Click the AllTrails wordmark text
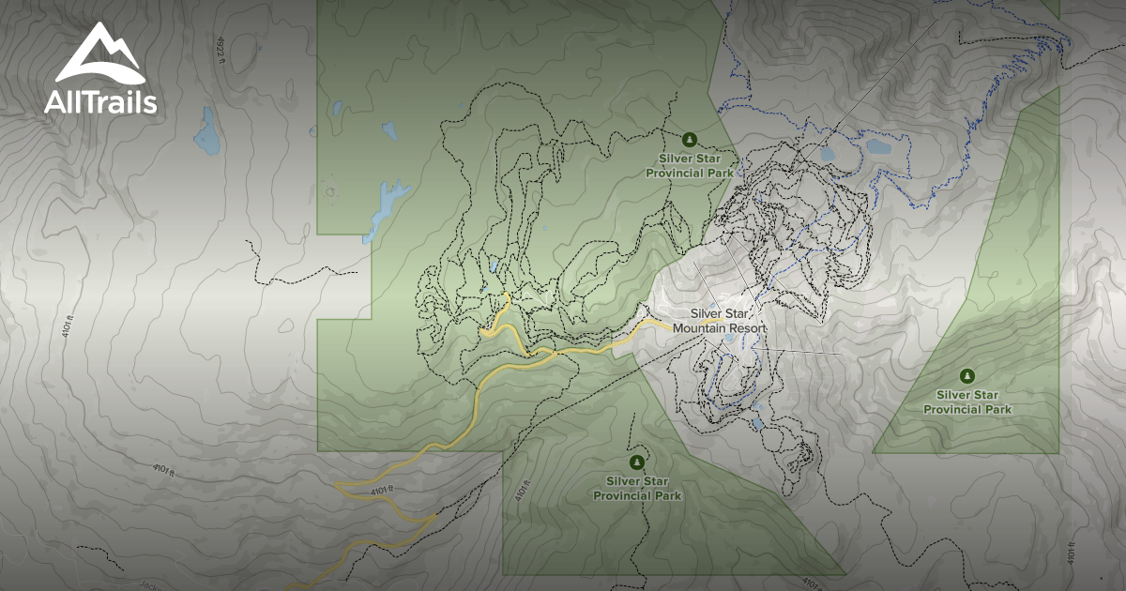point(100,102)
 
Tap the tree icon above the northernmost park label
point(690,140)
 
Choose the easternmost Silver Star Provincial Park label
point(967,402)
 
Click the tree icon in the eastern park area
point(968,375)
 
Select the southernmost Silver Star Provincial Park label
point(638,488)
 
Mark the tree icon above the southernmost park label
point(638,461)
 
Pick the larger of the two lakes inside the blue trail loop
point(878,147)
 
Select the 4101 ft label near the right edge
point(1071,553)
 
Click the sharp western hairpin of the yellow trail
point(338,485)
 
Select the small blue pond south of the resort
point(757,424)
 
